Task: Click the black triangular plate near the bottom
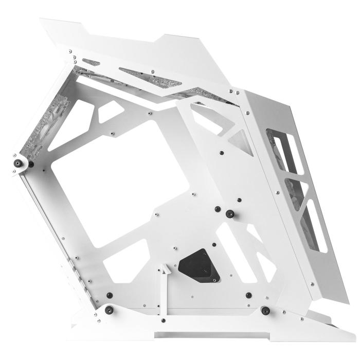200,264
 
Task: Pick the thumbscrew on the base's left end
109,310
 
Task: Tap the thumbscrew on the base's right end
265,311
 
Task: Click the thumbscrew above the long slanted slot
229,213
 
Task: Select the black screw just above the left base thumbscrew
110,295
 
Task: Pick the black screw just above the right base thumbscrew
249,295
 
